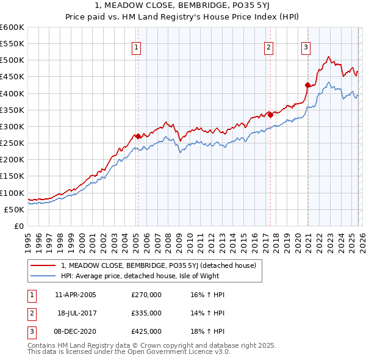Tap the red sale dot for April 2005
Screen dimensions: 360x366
pyautogui.click(x=138, y=136)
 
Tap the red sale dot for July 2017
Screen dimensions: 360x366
pyautogui.click(x=270, y=115)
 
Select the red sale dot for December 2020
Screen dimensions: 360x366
pyautogui.click(x=307, y=85)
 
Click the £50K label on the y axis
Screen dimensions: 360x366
pyautogui.click(x=15, y=209)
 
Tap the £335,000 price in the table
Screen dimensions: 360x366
pyautogui.click(x=146, y=313)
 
